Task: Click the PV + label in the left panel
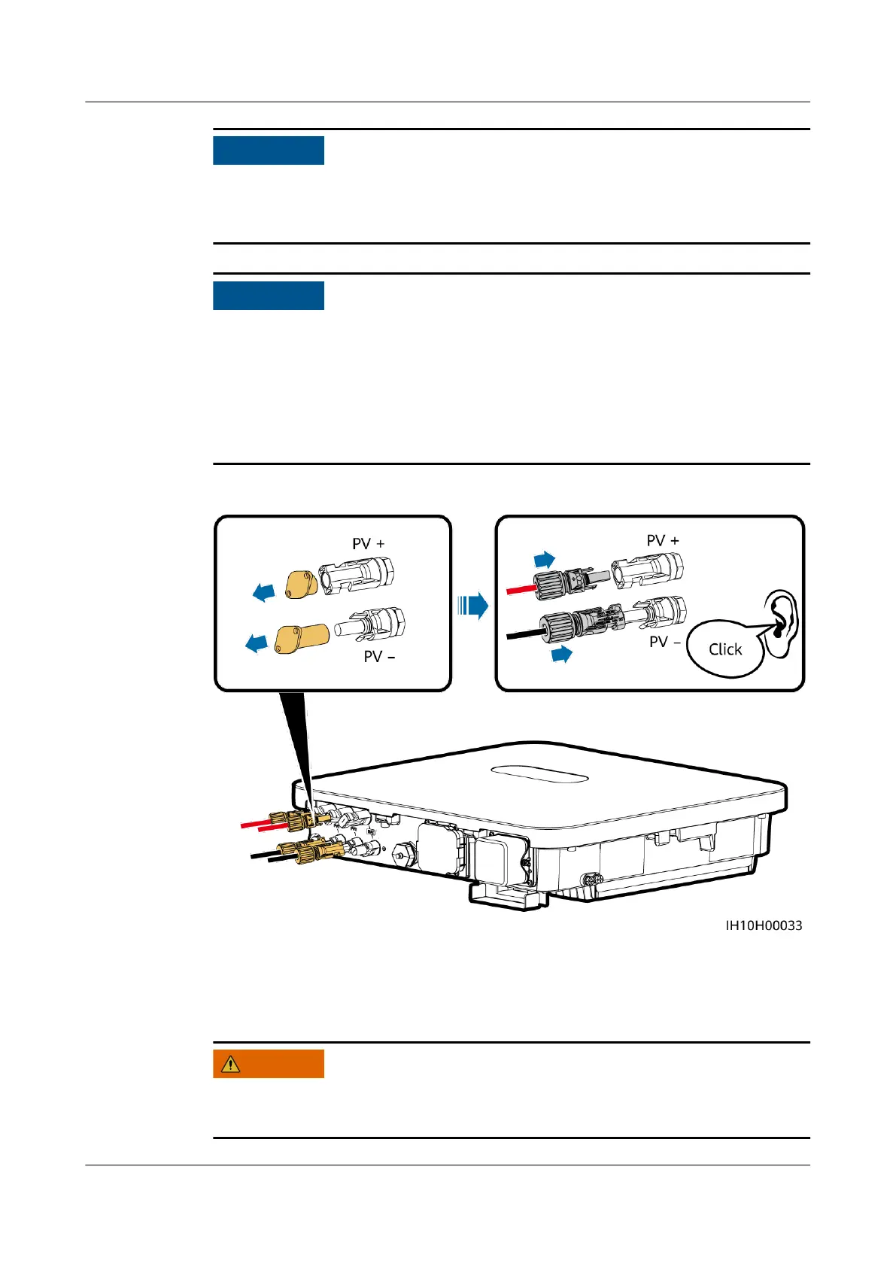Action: coord(368,544)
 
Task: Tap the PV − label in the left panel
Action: coord(379,657)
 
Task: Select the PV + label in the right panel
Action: coord(662,541)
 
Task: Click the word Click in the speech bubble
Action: coord(725,649)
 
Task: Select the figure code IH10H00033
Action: coord(764,925)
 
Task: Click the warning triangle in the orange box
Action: coord(230,1064)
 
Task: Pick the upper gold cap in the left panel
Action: coord(301,585)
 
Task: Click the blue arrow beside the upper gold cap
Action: coord(264,593)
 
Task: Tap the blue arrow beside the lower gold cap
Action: coord(257,643)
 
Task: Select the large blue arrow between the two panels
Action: coord(473,605)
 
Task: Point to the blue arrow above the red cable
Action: coord(545,560)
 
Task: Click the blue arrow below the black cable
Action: coord(561,654)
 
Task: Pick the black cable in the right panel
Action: coord(521,634)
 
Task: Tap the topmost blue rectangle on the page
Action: coord(269,150)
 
